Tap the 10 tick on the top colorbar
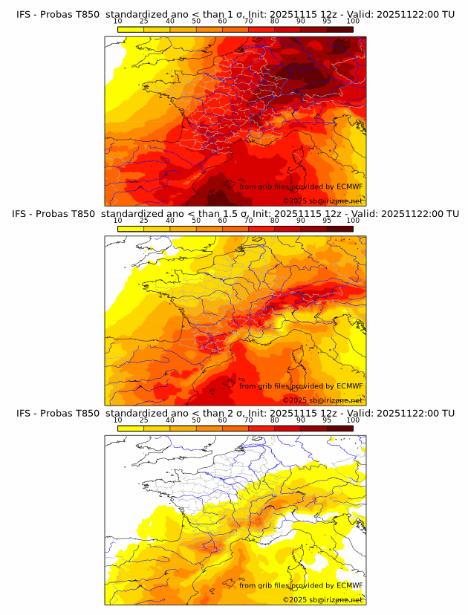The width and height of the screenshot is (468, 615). (x=117, y=21)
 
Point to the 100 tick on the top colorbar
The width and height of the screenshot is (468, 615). (x=353, y=21)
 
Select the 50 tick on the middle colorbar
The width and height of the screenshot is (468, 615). (x=196, y=221)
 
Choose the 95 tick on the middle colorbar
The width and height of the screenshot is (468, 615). (x=327, y=221)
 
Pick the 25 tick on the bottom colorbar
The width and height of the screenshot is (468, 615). (x=143, y=420)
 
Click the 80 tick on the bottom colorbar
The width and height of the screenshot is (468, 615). (x=274, y=420)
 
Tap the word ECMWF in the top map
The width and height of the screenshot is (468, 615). (x=349, y=187)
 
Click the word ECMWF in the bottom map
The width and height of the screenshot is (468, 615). (x=349, y=585)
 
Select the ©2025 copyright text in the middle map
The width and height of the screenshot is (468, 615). (x=294, y=400)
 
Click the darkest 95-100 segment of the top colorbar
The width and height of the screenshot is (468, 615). (x=339, y=29)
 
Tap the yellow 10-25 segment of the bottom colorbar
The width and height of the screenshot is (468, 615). (x=131, y=428)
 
